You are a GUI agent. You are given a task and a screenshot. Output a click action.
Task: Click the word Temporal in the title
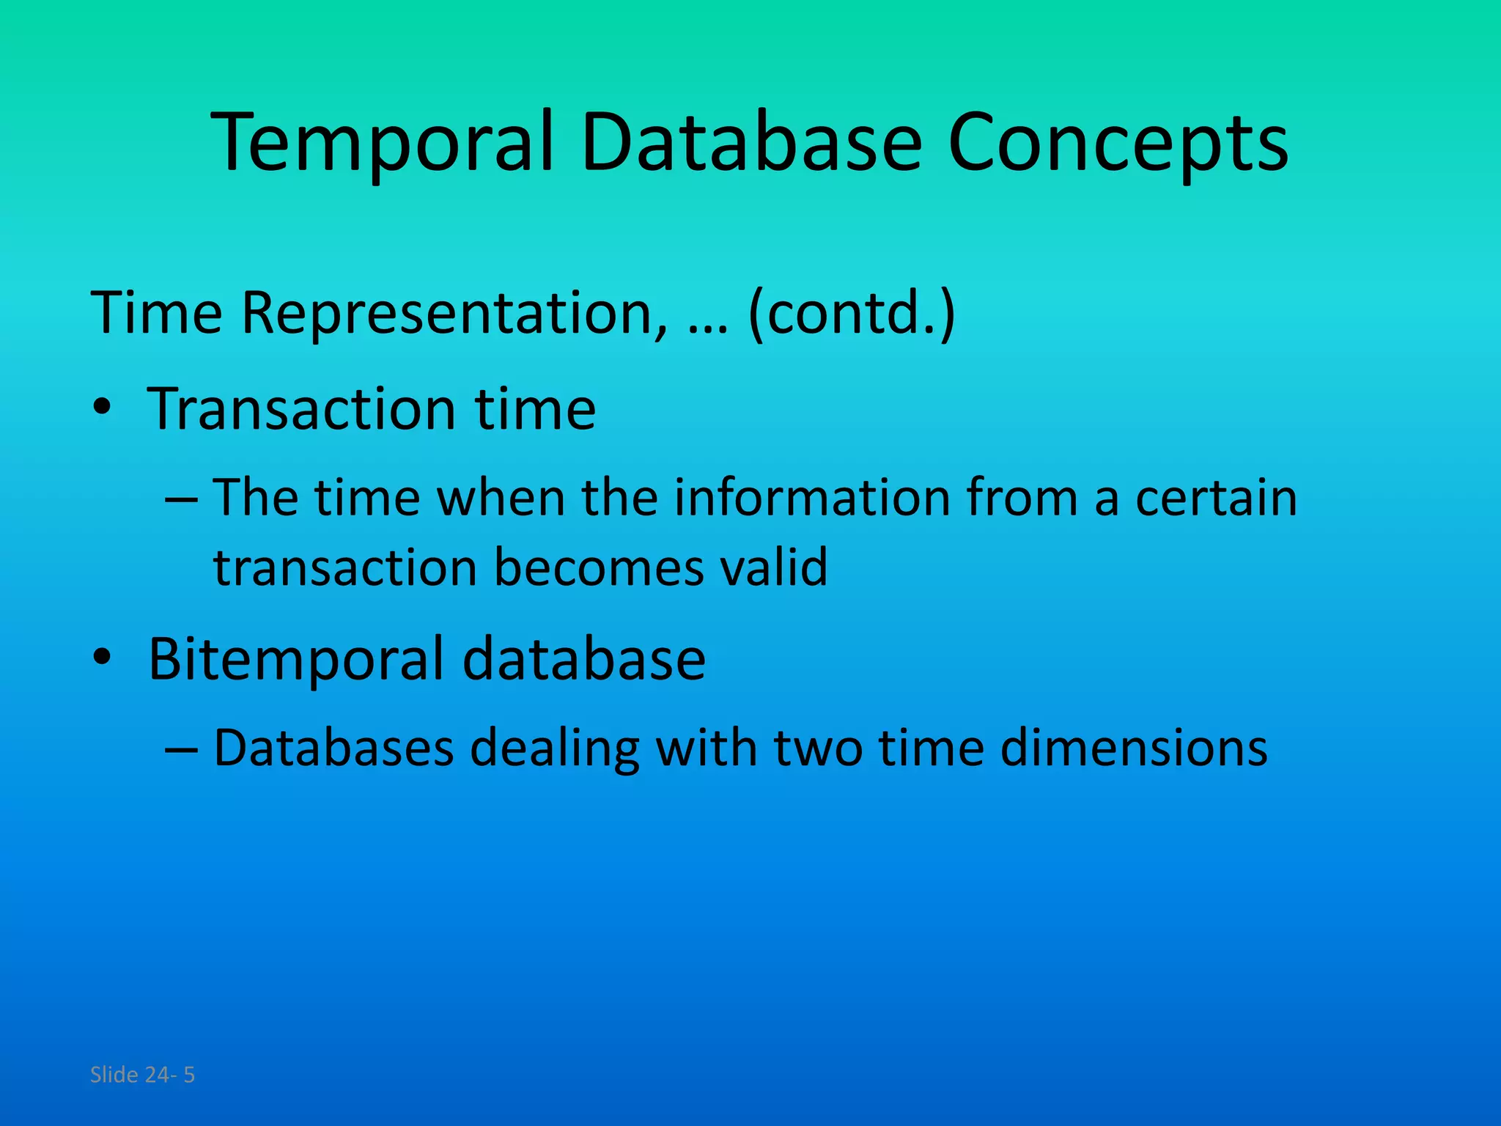click(x=381, y=143)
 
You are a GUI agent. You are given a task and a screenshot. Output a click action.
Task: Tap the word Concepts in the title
click(x=1117, y=143)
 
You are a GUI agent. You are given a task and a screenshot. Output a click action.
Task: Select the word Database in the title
click(x=750, y=143)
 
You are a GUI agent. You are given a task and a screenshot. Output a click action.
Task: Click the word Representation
click(x=454, y=314)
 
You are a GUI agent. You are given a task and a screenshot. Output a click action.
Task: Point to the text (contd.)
click(x=852, y=314)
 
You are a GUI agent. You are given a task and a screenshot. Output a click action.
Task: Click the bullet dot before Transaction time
click(x=102, y=409)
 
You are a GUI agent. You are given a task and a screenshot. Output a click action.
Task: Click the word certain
click(x=1216, y=498)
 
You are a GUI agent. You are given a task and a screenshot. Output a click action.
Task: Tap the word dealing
click(x=553, y=748)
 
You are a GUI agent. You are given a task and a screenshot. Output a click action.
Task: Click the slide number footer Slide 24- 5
click(x=142, y=1075)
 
